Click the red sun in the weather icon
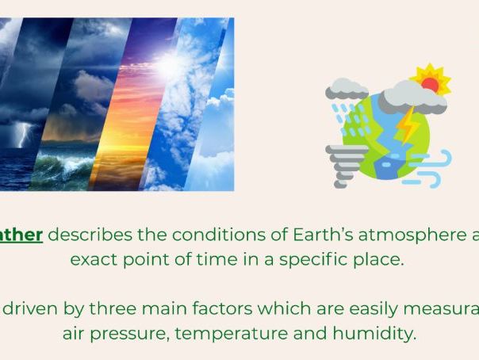(430, 83)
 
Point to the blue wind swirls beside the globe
(432, 167)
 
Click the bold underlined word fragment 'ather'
(21, 235)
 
